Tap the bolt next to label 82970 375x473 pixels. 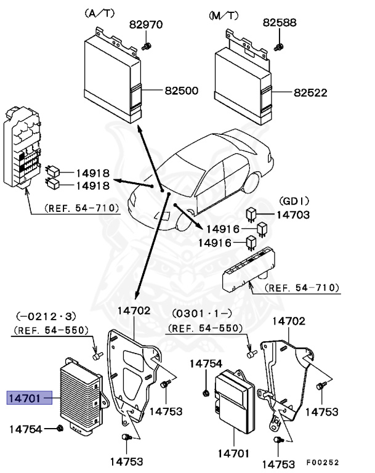(147, 46)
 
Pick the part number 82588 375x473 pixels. (280, 23)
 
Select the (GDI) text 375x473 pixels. (294, 201)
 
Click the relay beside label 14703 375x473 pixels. (251, 214)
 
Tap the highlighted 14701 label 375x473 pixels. (24, 398)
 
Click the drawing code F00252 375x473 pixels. (322, 463)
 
